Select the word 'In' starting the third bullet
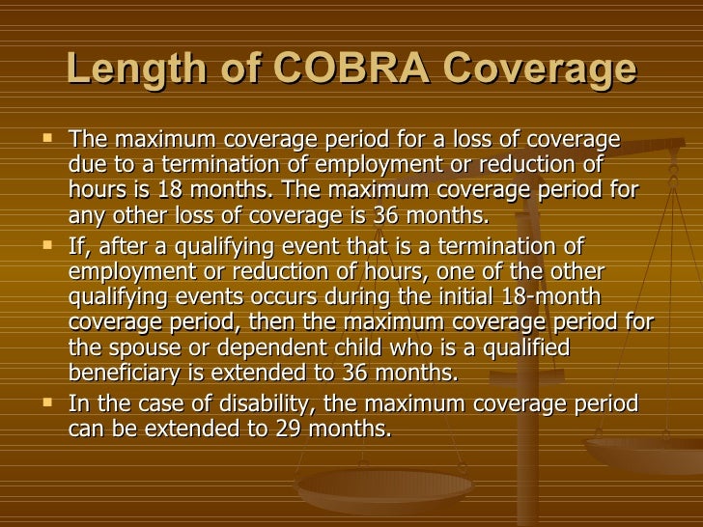coord(81,403)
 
